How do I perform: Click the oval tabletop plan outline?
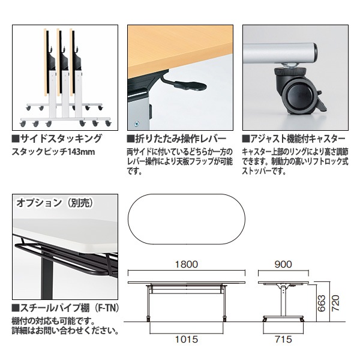click(187, 220)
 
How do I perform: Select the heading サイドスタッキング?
click(61, 139)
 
